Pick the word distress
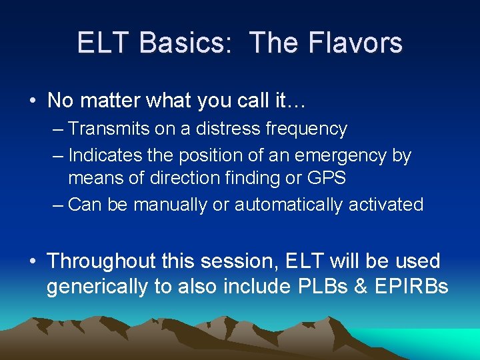231,129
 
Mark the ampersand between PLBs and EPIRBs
360,287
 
